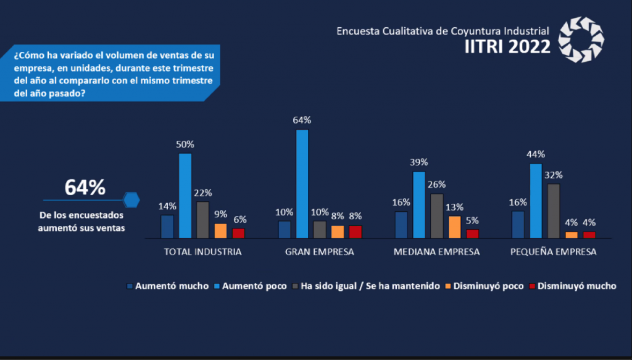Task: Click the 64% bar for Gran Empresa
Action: pyautogui.click(x=302, y=183)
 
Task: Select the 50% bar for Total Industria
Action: pyautogui.click(x=185, y=195)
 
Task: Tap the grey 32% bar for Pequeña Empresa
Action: pyautogui.click(x=553, y=211)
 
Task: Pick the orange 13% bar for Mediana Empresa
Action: pyautogui.click(x=454, y=227)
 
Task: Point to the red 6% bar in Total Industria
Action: pyautogui.click(x=238, y=233)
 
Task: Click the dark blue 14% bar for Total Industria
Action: pyautogui.click(x=167, y=226)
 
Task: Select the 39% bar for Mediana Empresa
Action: pyautogui.click(x=418, y=204)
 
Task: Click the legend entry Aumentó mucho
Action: pyautogui.click(x=167, y=287)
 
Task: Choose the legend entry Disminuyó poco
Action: pyautogui.click(x=484, y=287)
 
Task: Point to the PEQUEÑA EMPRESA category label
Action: pyautogui.click(x=553, y=253)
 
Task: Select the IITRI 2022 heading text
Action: pyautogui.click(x=507, y=46)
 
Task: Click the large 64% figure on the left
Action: pyautogui.click(x=85, y=188)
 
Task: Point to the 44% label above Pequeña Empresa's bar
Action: pyautogui.click(x=535, y=154)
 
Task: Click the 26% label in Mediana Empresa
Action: pyautogui.click(x=436, y=184)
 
